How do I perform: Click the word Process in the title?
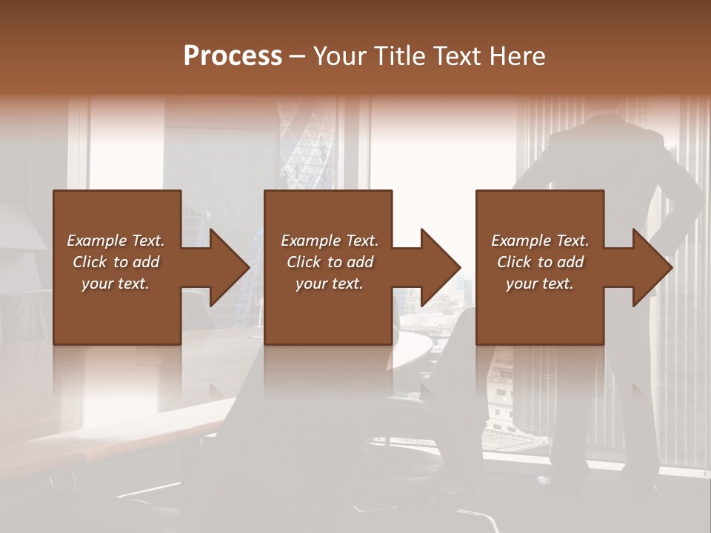coord(233,56)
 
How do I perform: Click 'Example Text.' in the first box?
coord(116,241)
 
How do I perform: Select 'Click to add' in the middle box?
coord(330,262)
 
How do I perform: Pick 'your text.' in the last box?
coord(540,284)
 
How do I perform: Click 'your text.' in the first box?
coord(116,284)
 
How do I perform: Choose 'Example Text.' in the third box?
coord(540,241)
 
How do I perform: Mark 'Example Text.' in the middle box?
coord(330,241)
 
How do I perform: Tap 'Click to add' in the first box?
coord(116,262)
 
